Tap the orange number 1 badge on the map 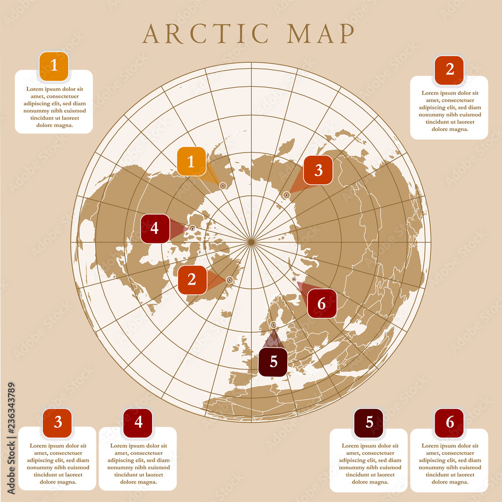(x=191, y=161)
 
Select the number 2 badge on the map (x=192, y=280)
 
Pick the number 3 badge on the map (x=318, y=170)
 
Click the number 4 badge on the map (x=155, y=228)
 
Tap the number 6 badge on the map (x=322, y=303)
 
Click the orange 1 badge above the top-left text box (x=54, y=66)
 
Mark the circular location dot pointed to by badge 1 (x=223, y=186)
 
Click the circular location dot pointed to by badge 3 (x=287, y=195)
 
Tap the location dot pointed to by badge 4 (x=192, y=228)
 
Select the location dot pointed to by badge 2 (x=229, y=280)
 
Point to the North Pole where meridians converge (x=250, y=242)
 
